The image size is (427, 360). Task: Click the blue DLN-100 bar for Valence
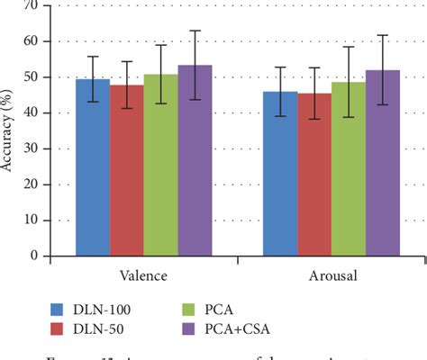(x=92, y=167)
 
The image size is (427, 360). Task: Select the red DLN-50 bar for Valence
(x=126, y=170)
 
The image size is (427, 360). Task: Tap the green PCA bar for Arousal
(x=349, y=169)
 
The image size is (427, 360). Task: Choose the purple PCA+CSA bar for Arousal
(x=383, y=163)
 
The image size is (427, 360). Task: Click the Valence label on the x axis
(x=143, y=273)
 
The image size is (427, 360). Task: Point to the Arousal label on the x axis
(x=332, y=273)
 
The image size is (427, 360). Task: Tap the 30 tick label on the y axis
(x=32, y=148)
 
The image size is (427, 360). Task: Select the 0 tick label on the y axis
(x=36, y=256)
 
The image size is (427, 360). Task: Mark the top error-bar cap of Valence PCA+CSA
(x=195, y=31)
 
